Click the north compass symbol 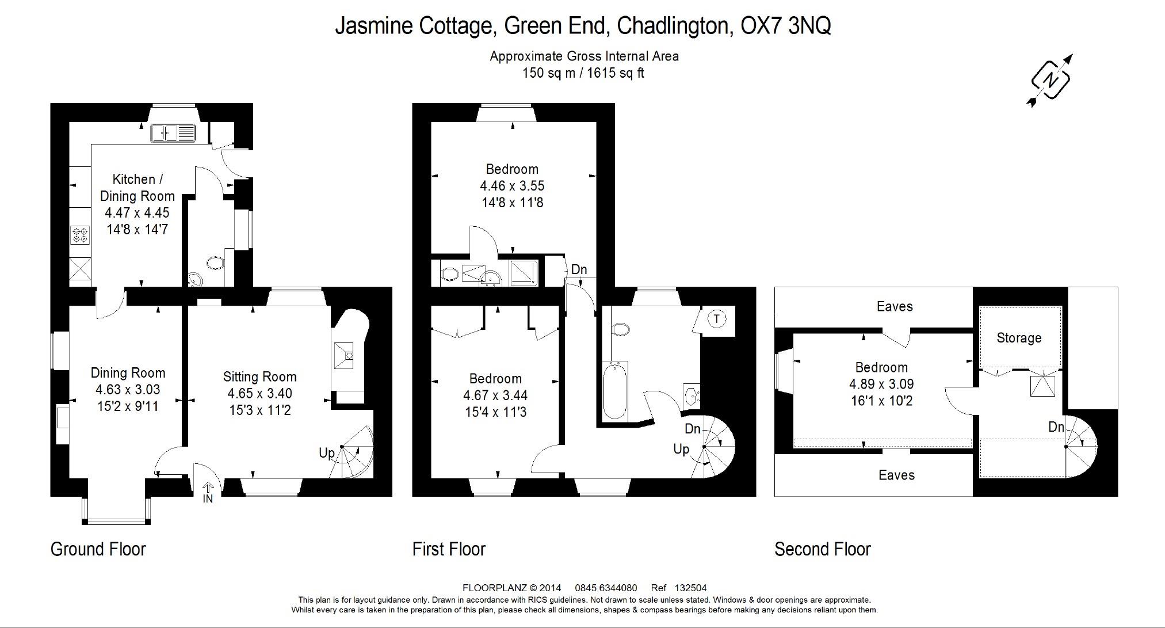pos(1051,80)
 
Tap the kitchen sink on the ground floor pos(173,134)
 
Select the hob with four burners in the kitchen pos(80,235)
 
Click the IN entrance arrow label pos(208,498)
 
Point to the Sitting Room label pos(259,377)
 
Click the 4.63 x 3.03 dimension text pos(128,390)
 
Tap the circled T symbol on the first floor pos(716,318)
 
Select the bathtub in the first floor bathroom pos(615,390)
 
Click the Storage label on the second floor pos(1018,338)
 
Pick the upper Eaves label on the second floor pos(894,306)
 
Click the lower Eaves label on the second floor pos(896,475)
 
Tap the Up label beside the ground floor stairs pos(326,453)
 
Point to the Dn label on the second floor pos(1056,427)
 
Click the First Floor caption pos(449,549)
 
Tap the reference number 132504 pos(690,588)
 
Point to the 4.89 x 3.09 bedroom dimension pos(881,384)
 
